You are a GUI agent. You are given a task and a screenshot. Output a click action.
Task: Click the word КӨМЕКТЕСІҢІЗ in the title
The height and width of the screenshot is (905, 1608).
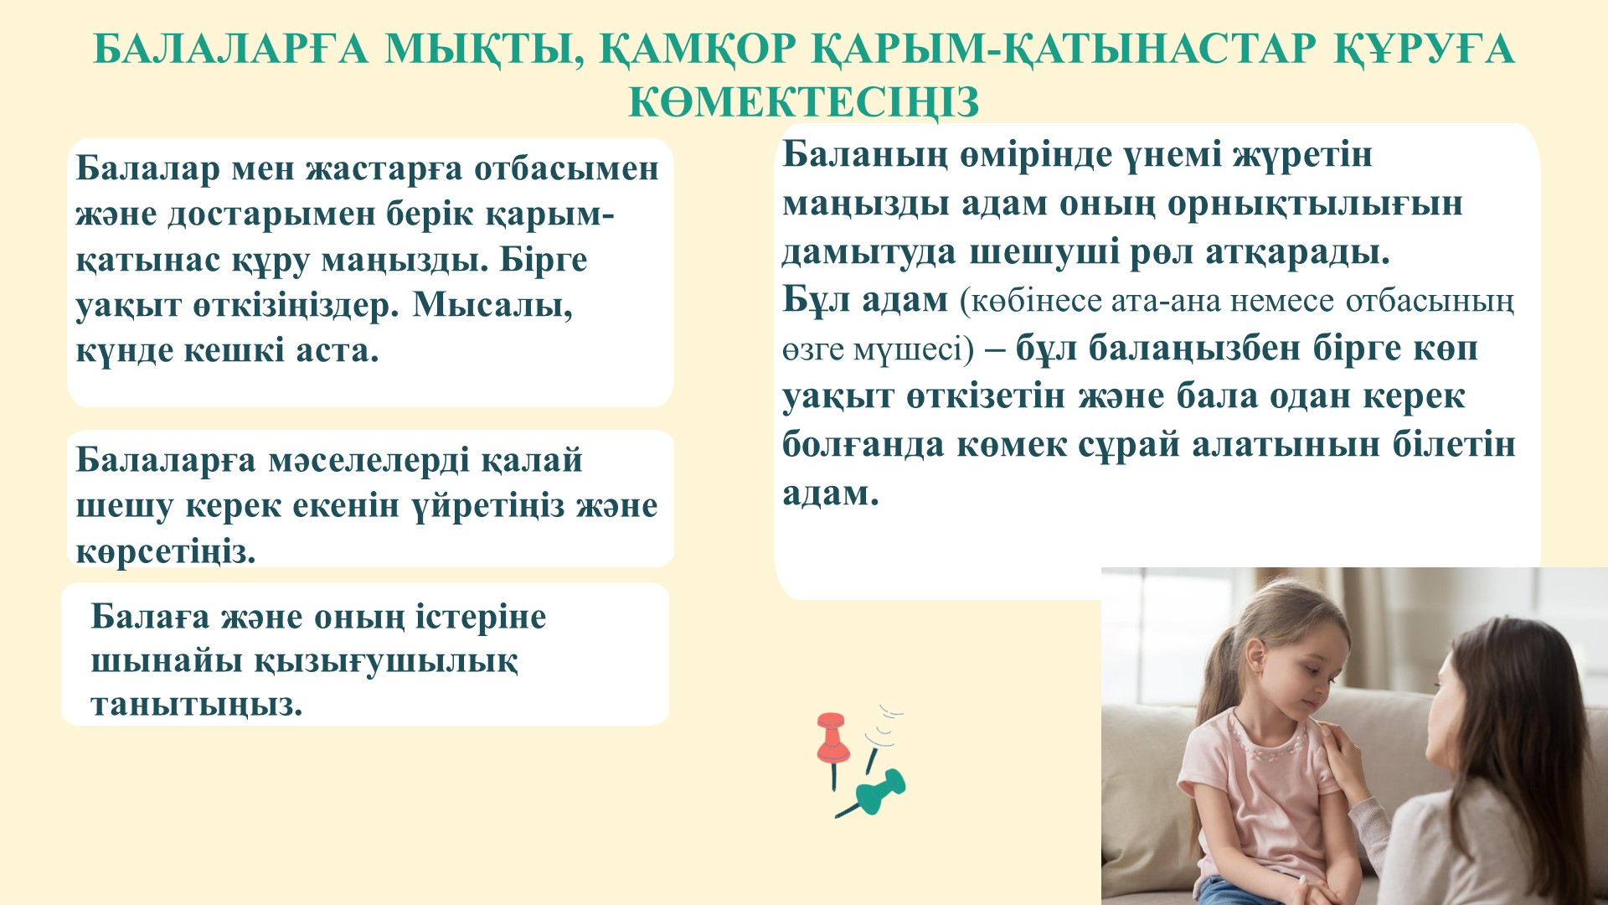804,101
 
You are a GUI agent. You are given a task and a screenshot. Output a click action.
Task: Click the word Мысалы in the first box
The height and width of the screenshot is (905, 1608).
492,305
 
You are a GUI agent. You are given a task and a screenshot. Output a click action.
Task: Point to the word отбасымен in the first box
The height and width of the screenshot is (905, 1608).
567,168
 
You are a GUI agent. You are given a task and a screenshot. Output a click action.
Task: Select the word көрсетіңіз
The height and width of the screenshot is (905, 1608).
166,552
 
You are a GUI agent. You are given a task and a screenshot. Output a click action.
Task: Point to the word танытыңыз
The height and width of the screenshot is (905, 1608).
197,705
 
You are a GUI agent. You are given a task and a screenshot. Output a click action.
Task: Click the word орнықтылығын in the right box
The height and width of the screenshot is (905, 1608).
1315,204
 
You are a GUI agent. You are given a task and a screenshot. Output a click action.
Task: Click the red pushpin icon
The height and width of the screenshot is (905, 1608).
832,742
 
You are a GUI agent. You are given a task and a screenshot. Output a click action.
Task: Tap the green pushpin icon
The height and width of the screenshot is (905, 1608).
875,792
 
